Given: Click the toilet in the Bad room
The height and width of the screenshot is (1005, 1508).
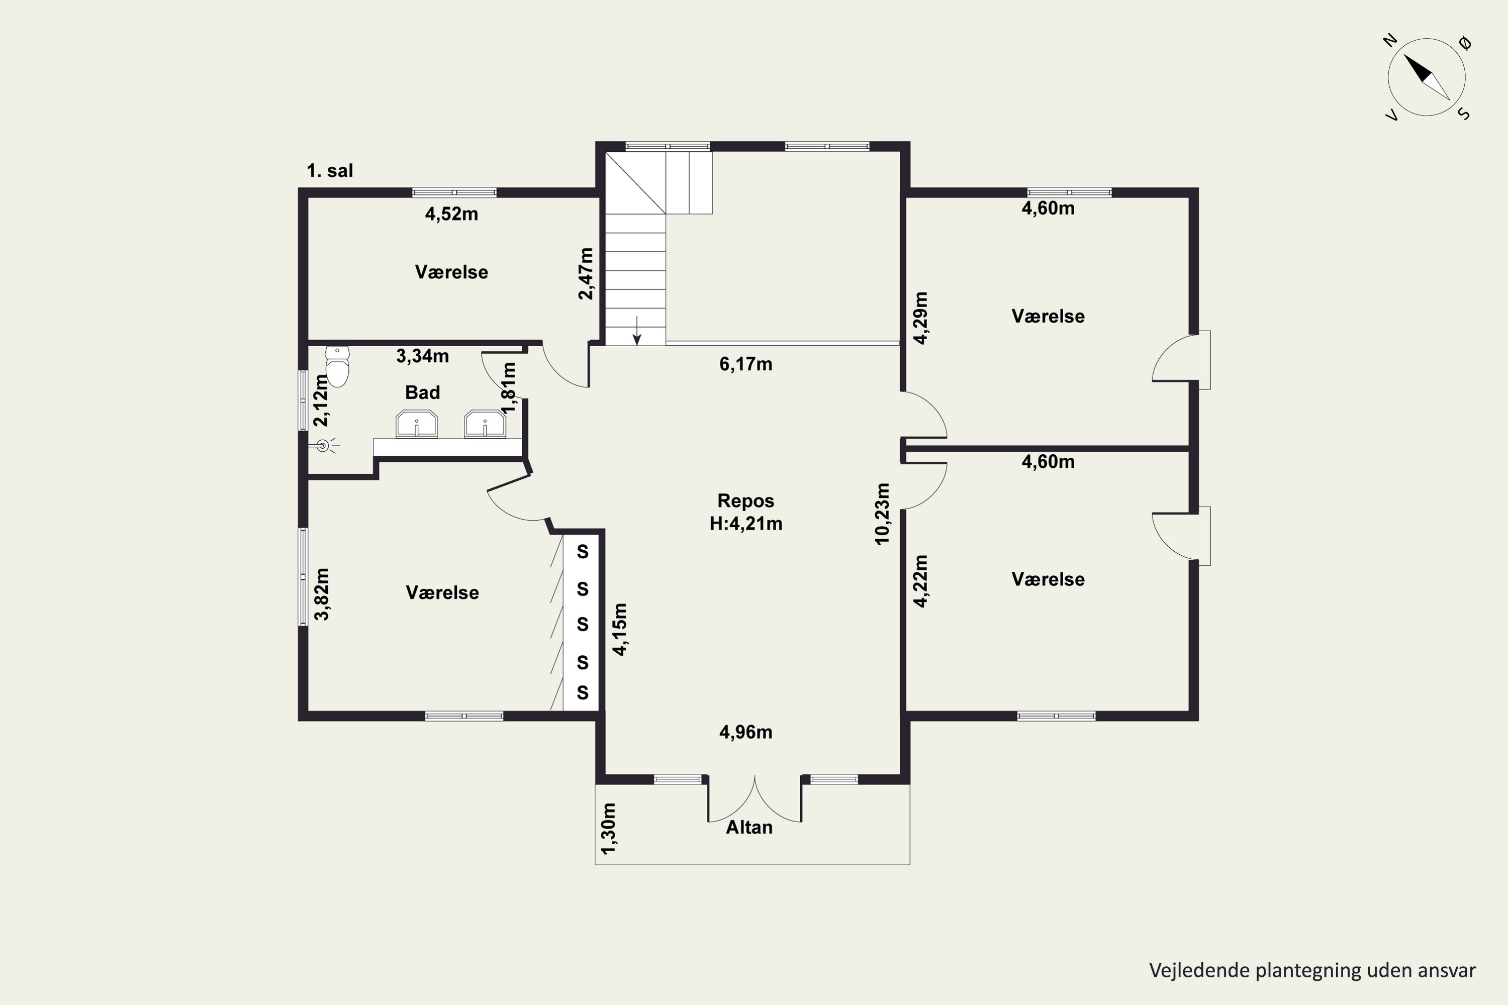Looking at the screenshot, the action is (337, 367).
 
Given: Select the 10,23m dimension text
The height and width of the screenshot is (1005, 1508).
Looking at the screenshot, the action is (883, 514).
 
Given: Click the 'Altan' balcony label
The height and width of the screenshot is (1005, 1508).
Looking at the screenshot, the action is (749, 828).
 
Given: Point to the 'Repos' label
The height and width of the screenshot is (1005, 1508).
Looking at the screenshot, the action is (745, 500).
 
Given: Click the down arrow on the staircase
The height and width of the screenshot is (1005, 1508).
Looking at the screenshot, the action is (637, 330).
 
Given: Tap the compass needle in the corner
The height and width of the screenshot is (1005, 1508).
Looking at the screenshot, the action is (1427, 77).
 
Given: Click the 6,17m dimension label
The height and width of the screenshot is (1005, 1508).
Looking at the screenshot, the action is (745, 364).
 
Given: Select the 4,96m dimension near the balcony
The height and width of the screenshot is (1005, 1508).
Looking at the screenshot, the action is (745, 732).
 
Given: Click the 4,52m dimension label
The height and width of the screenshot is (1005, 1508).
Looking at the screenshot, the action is (451, 214).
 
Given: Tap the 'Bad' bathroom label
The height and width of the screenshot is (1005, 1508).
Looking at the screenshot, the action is (423, 392).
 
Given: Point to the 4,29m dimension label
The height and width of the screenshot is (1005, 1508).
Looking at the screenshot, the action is (921, 318).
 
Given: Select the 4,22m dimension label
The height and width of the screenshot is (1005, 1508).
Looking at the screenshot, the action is (921, 581).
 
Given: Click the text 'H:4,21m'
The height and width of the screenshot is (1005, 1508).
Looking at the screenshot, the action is (745, 524).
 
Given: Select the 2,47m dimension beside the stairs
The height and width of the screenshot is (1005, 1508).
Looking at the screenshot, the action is (586, 274).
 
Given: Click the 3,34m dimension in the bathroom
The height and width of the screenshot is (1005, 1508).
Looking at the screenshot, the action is (423, 356).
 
